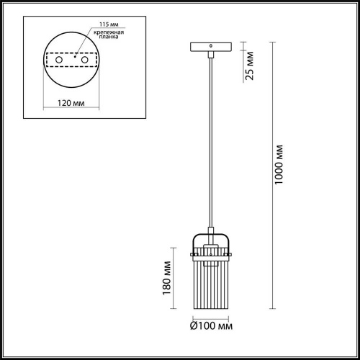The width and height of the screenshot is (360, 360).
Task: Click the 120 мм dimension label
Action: click(71, 104)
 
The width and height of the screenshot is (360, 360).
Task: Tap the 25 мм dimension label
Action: click(249, 66)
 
